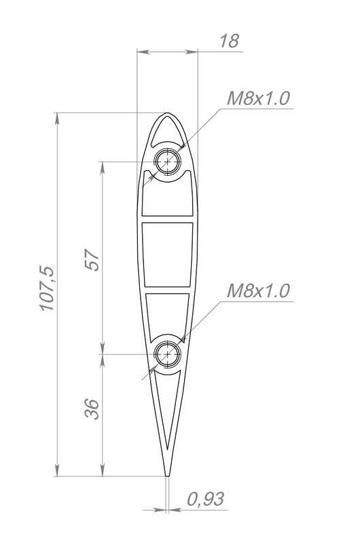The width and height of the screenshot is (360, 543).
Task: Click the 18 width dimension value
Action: point(229,41)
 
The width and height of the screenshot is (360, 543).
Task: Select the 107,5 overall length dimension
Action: point(47,289)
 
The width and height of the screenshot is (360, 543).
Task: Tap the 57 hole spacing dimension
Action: point(92,260)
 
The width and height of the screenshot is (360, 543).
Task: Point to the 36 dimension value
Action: point(92,409)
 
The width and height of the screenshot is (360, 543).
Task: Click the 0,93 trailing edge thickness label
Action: point(206,499)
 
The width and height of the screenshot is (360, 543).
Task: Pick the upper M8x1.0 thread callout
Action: point(258,98)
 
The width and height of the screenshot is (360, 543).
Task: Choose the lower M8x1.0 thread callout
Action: point(258,291)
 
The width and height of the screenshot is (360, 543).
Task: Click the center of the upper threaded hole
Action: point(168,162)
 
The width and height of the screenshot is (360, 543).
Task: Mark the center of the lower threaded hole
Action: point(168,354)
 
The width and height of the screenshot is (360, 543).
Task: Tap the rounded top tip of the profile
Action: point(167,113)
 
